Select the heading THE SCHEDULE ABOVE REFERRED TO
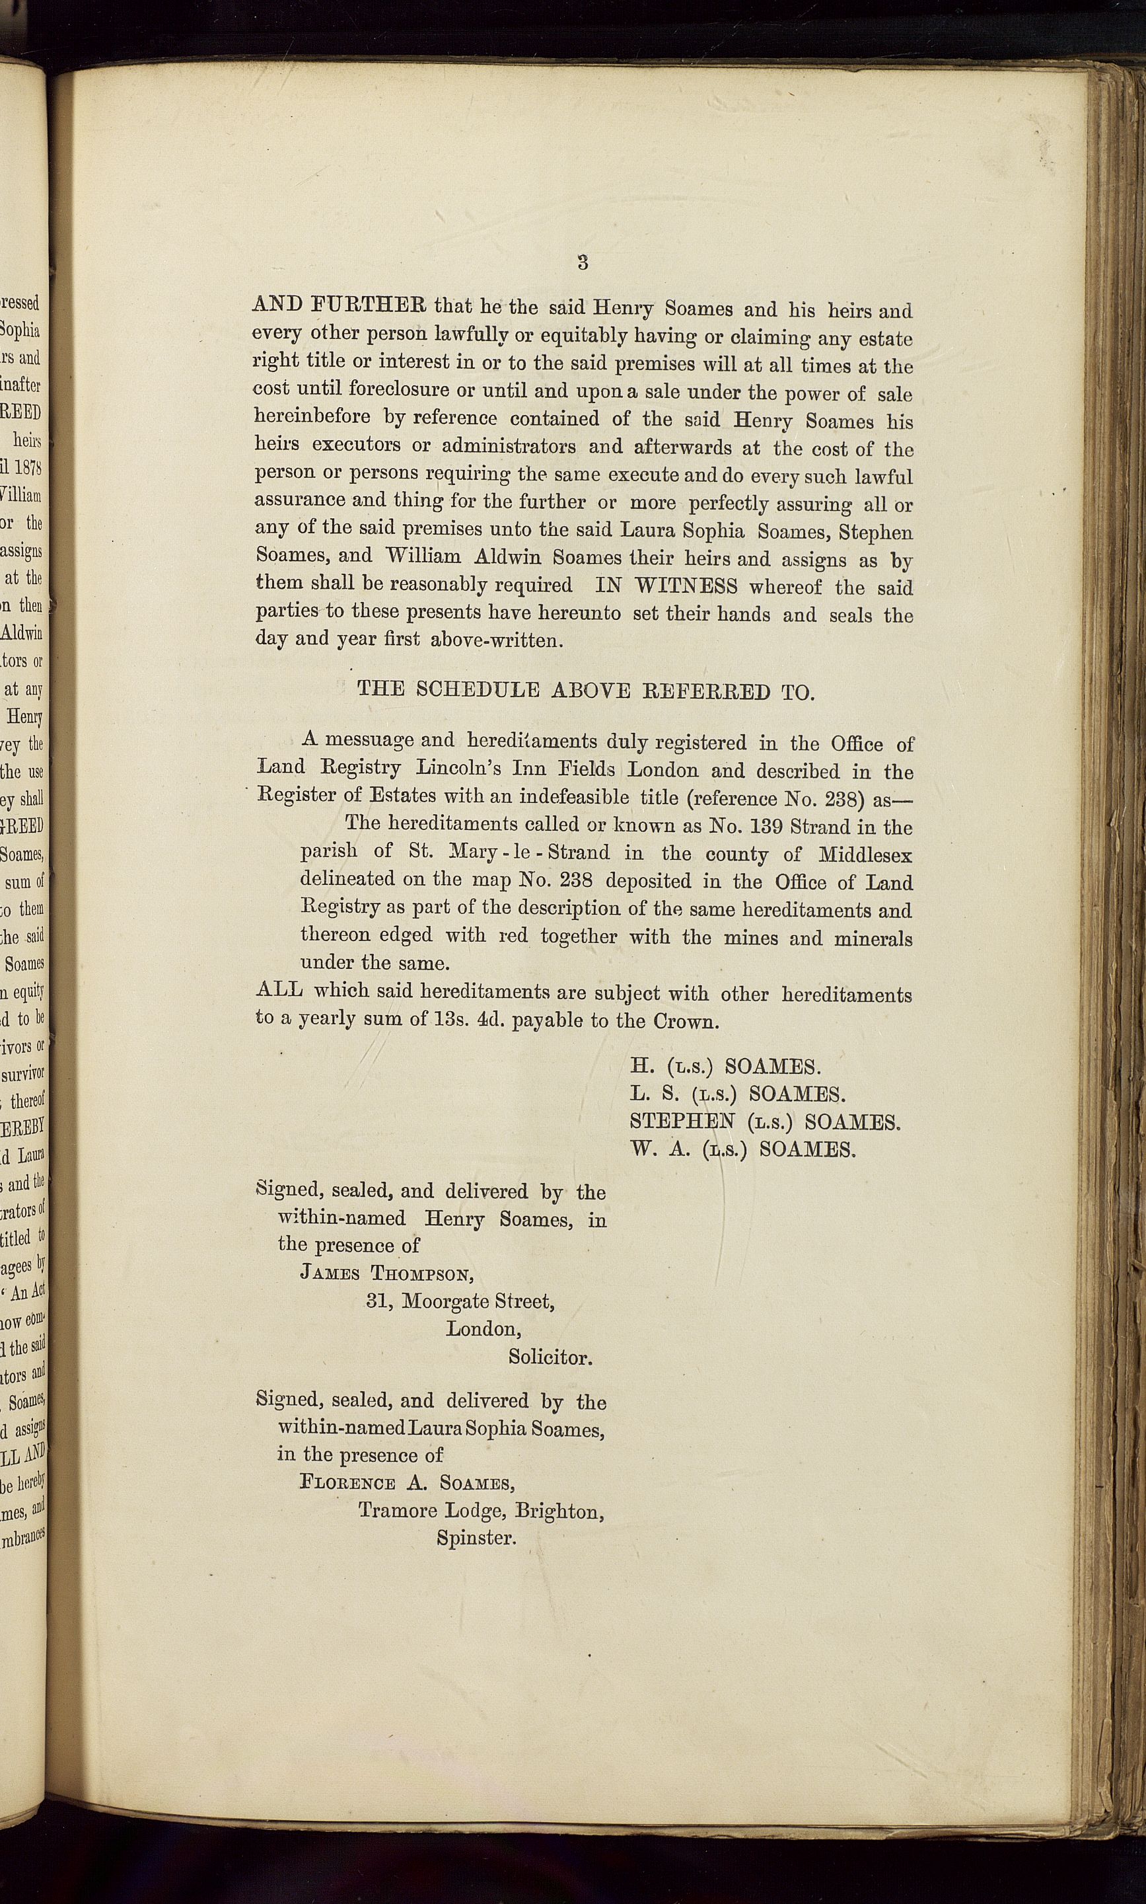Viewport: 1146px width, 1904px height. click(x=585, y=691)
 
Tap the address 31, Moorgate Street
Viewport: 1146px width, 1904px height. click(x=460, y=1301)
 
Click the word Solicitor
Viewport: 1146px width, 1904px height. click(x=550, y=1357)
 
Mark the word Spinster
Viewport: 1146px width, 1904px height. click(x=476, y=1537)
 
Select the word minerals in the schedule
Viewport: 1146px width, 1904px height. click(x=873, y=938)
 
